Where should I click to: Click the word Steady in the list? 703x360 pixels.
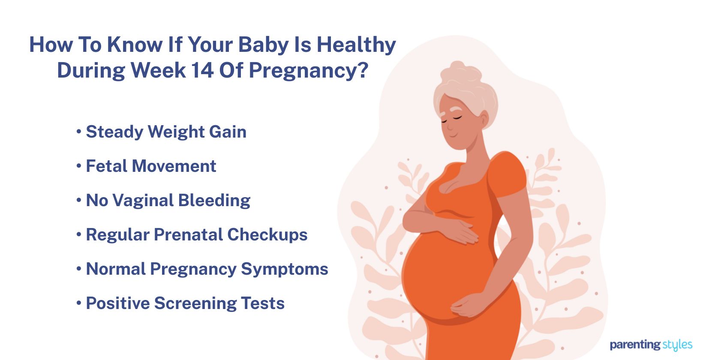pyautogui.click(x=114, y=132)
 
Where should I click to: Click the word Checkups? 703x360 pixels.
pyautogui.click(x=267, y=235)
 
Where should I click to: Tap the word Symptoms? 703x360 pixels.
pyautogui.click(x=284, y=270)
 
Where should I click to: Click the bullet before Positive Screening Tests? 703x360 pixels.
pyautogui.click(x=79, y=303)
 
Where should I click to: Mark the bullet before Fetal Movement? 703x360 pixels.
pyautogui.click(x=79, y=166)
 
